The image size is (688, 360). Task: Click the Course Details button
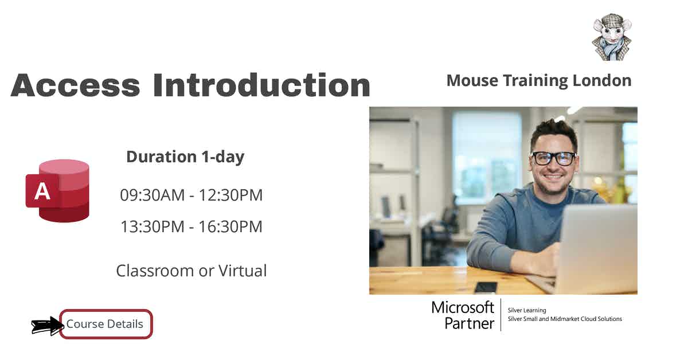(105, 324)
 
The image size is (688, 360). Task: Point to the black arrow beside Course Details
(46, 326)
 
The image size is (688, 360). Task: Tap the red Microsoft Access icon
(57, 190)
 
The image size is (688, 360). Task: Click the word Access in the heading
(75, 85)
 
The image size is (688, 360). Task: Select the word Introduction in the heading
(261, 85)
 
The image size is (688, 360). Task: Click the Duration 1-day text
(185, 156)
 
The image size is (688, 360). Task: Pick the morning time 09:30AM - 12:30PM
(191, 195)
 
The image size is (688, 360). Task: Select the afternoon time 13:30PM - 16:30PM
(191, 226)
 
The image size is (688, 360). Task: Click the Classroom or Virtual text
(191, 270)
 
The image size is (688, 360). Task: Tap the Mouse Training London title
(538, 80)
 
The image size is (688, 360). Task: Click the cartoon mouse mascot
(611, 38)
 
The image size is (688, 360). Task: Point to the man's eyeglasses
(553, 158)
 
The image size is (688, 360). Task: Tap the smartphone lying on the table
(486, 287)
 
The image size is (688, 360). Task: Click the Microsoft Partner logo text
(463, 315)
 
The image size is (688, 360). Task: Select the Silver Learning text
(527, 310)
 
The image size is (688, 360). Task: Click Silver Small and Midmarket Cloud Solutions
(565, 319)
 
